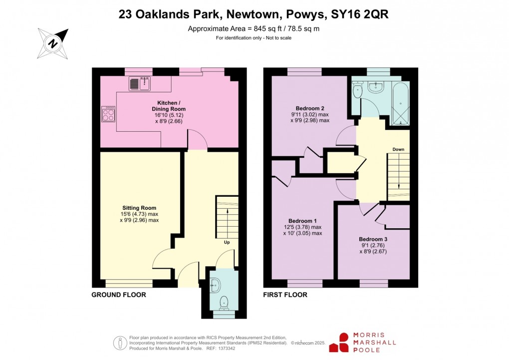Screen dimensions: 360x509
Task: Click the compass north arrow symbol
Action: coord(53,42)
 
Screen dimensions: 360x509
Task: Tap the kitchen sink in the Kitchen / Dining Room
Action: coord(140,84)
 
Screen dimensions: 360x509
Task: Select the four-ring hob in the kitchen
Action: coord(108,115)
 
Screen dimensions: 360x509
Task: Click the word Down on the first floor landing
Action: coord(398,149)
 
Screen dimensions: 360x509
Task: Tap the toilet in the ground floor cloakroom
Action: coord(224,302)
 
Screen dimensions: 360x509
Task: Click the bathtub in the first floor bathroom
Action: coord(401,105)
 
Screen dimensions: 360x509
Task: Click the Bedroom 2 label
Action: coord(310,108)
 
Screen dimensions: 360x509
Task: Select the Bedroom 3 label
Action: coord(373,239)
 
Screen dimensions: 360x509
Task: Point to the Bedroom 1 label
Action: coord(302,221)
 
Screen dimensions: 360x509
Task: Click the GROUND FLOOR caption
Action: coord(119,295)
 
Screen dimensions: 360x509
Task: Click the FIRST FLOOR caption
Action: coord(285,295)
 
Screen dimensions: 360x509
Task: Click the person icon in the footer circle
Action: coord(120,343)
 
